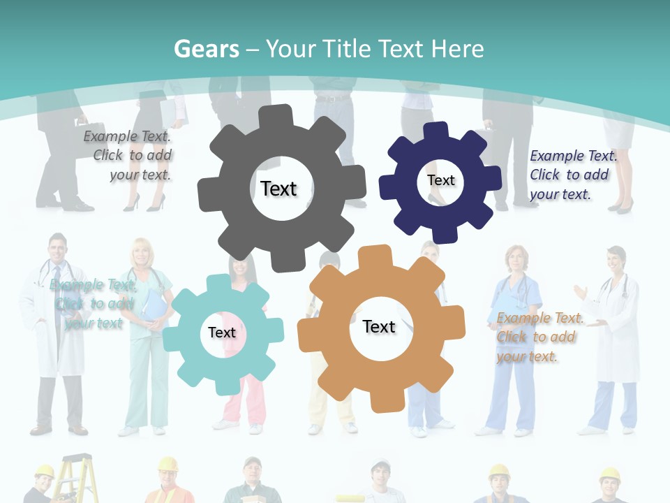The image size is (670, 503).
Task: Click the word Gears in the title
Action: coord(206,49)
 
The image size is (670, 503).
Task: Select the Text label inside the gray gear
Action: coord(278,189)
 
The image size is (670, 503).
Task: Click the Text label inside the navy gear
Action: coord(440,180)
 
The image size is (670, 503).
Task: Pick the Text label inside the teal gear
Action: coord(222,333)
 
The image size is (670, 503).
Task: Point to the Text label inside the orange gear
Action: coord(379,326)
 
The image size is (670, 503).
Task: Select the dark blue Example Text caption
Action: coord(572,175)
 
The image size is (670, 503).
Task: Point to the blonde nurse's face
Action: coord(142,254)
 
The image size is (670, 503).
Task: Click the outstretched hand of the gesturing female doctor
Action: coord(579,289)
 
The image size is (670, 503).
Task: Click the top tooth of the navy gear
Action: coord(437,131)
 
